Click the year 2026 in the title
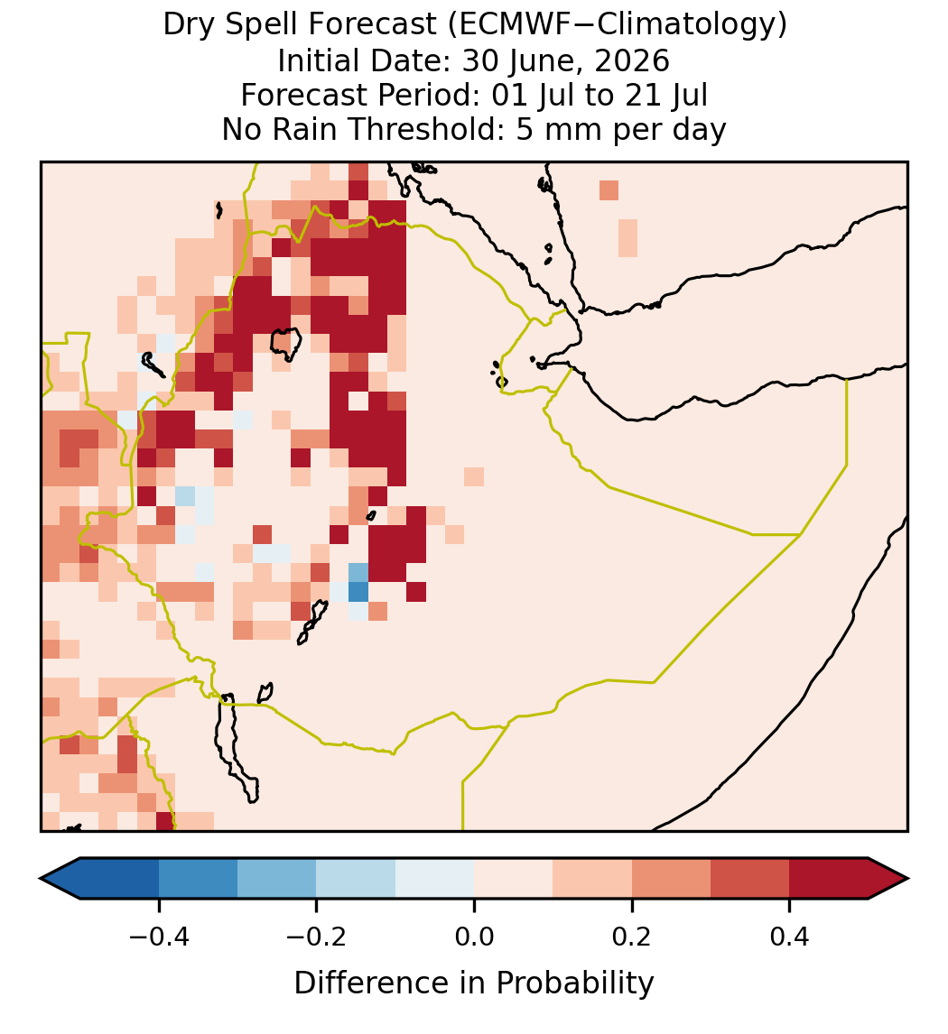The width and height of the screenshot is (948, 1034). point(632,60)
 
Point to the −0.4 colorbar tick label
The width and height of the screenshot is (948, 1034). point(159,937)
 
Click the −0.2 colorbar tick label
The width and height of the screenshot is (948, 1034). point(316,937)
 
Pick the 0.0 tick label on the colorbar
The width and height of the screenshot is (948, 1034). point(474,937)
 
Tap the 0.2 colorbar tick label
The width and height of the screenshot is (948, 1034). point(632,937)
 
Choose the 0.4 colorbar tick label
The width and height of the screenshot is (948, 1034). point(790,937)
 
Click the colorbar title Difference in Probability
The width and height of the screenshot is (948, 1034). point(474,983)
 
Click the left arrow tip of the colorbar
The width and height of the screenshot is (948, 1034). point(41,879)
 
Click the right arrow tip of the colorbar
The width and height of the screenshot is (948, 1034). point(907,879)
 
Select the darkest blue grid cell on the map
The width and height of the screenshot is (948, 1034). point(358,592)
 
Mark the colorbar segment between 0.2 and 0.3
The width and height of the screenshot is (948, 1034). point(671,879)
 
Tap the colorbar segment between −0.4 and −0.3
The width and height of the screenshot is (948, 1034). point(198,879)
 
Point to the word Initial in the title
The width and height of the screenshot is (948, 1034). point(315,60)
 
